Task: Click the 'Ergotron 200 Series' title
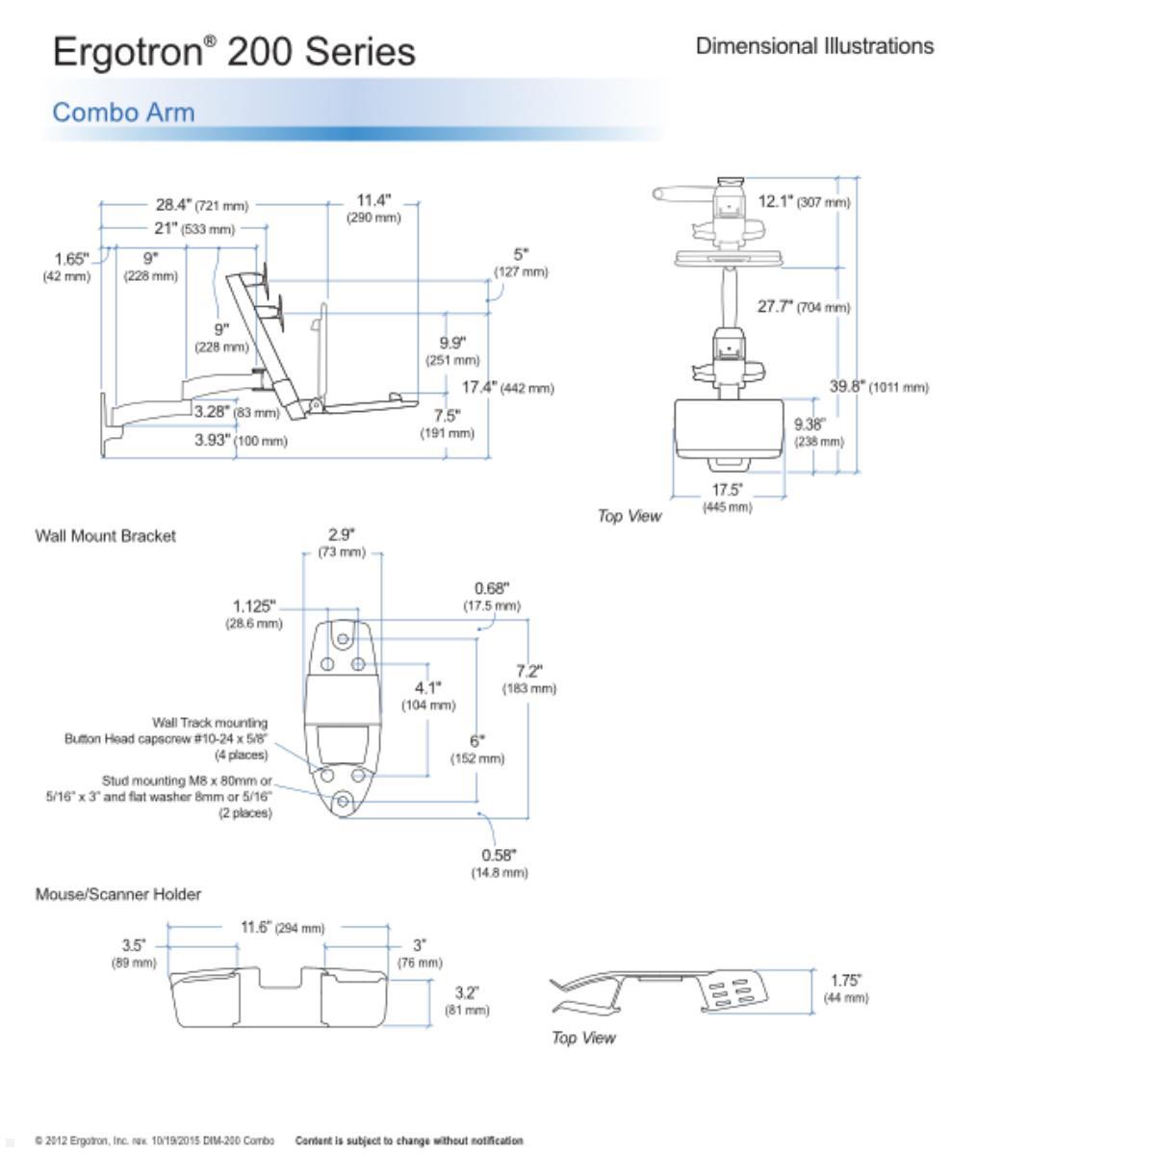pyautogui.click(x=234, y=51)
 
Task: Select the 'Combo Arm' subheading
pyautogui.click(x=123, y=113)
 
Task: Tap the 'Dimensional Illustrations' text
pyautogui.click(x=814, y=46)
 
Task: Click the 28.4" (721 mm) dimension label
pyautogui.click(x=202, y=205)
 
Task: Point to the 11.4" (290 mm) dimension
pyautogui.click(x=373, y=208)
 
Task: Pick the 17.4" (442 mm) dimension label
pyautogui.click(x=507, y=388)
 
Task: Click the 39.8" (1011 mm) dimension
pyautogui.click(x=879, y=387)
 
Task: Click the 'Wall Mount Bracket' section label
pyautogui.click(x=106, y=536)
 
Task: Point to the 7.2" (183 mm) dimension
pyautogui.click(x=529, y=679)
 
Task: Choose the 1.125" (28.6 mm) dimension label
pyautogui.click(x=255, y=614)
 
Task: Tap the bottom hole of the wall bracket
pyautogui.click(x=342, y=801)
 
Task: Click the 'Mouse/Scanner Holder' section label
pyautogui.click(x=118, y=895)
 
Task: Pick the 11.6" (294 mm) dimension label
pyautogui.click(x=282, y=928)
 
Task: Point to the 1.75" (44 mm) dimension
pyautogui.click(x=846, y=988)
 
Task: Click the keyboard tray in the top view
pyautogui.click(x=730, y=428)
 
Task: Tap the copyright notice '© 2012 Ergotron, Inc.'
pyautogui.click(x=155, y=1141)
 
